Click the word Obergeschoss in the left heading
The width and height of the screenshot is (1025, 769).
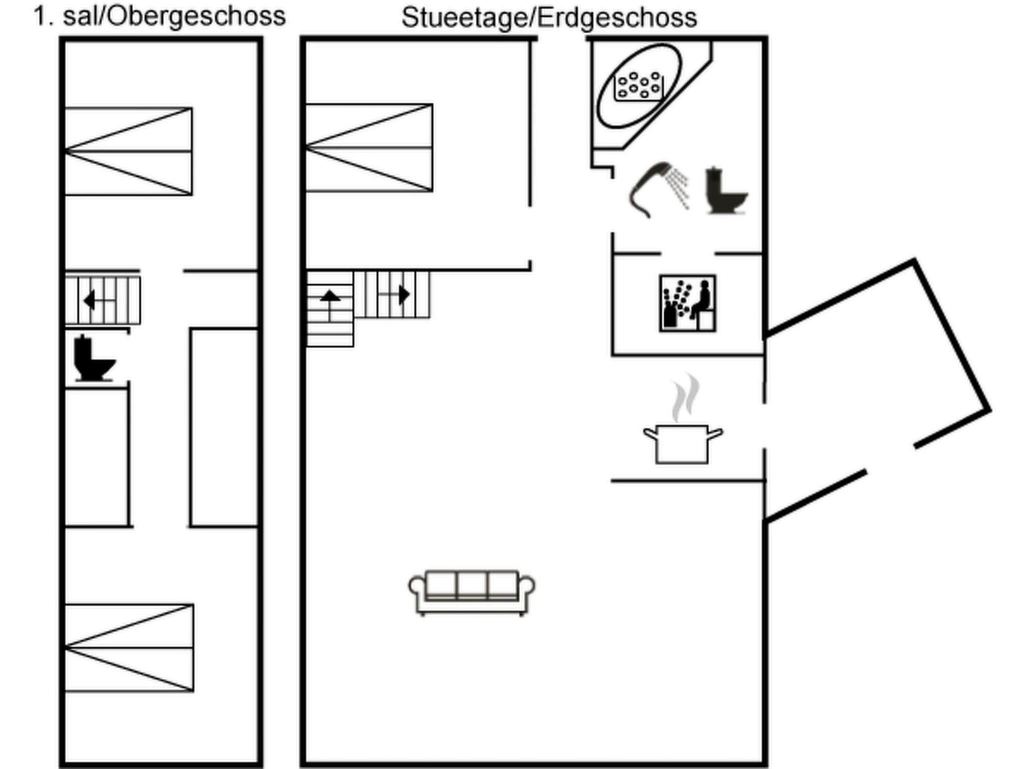point(196,17)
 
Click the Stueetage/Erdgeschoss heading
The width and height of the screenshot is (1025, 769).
point(549,18)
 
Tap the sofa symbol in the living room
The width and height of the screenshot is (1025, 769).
point(471,592)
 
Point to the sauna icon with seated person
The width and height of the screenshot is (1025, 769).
point(688,303)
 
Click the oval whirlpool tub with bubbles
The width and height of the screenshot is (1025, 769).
point(639,86)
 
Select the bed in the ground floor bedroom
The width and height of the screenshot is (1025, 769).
point(369,148)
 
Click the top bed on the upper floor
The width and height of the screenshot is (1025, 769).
point(128,151)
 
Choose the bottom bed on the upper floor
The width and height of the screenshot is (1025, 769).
point(129,648)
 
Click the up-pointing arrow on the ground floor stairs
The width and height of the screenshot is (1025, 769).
point(330,296)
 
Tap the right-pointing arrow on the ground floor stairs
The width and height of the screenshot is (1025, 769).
point(403,294)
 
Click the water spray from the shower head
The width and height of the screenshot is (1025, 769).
point(680,188)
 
